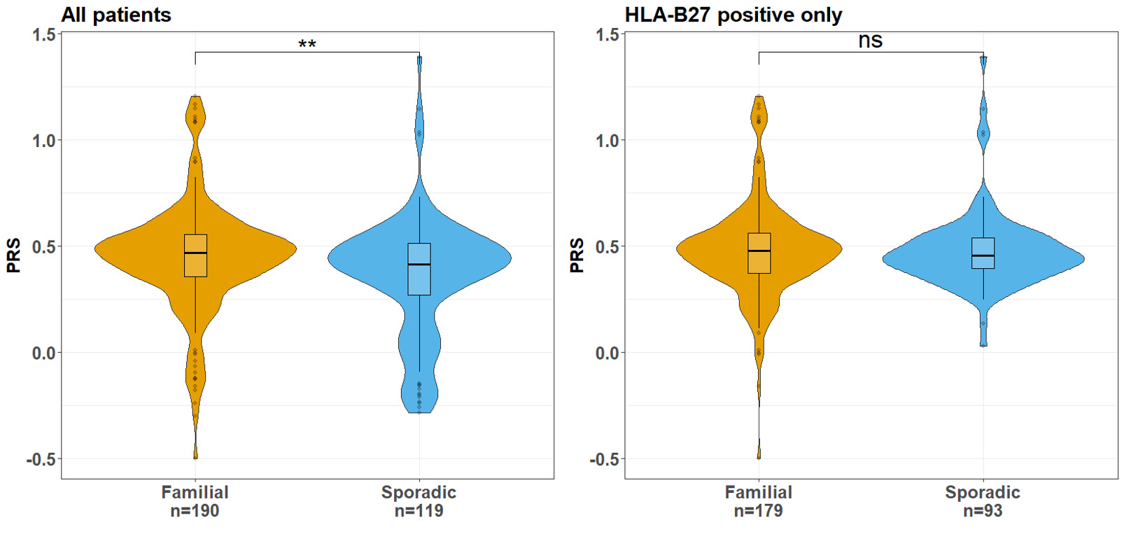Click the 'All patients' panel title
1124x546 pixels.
click(116, 15)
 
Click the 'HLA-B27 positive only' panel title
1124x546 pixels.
click(733, 15)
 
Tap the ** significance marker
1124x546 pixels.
click(307, 45)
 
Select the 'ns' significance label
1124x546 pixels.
click(871, 41)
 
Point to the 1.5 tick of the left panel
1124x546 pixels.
click(43, 34)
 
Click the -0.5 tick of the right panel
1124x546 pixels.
click(605, 459)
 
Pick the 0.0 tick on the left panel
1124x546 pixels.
click(43, 353)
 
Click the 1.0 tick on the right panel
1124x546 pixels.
click(607, 141)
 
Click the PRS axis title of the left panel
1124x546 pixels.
click(13, 255)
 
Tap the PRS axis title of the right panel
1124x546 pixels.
click(577, 255)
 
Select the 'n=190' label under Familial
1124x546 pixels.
click(195, 512)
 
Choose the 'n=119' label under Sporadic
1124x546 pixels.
click(419, 512)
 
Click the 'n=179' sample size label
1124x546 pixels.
click(759, 512)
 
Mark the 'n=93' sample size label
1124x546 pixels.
click(983, 512)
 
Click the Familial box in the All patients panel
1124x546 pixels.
click(195, 256)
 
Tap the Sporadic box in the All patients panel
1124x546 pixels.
click(419, 269)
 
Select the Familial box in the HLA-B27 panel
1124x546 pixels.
click(759, 253)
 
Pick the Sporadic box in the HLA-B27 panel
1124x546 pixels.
click(983, 253)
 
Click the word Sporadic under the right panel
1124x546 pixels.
click(983, 493)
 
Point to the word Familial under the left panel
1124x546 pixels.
click(195, 493)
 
